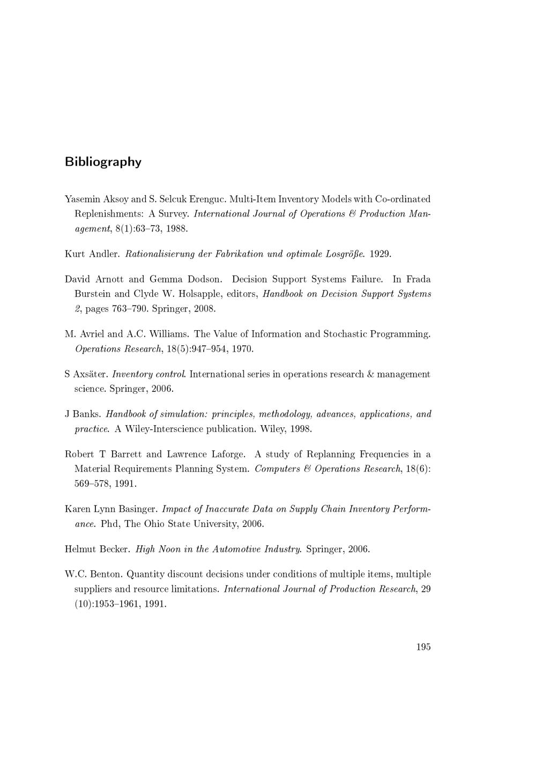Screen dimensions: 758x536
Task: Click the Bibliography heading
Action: tap(103, 162)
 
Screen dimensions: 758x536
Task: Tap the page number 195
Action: tap(423, 646)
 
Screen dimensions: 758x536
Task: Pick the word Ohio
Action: tap(154, 524)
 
